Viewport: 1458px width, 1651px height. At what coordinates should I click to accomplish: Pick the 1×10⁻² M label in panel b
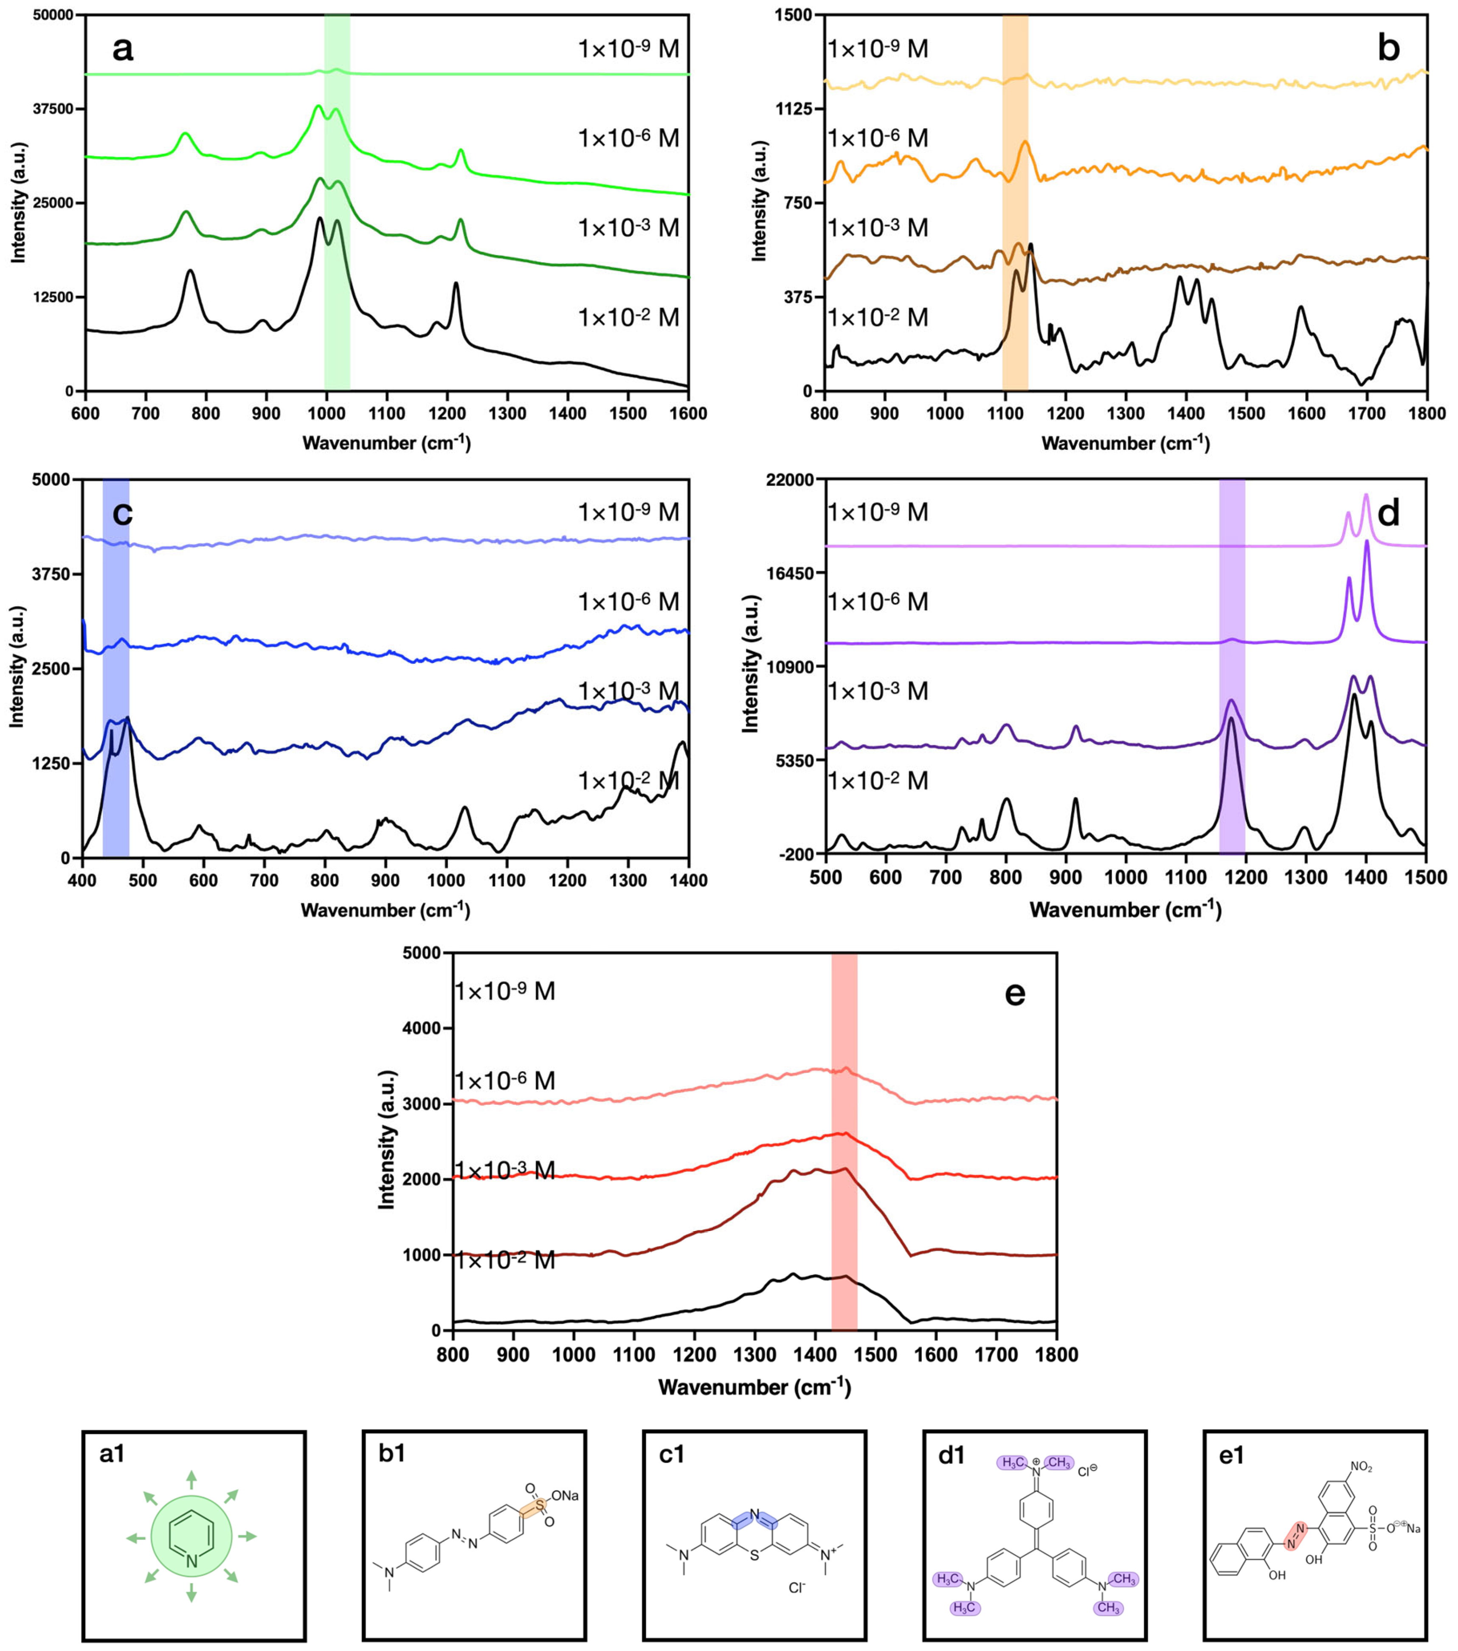(878, 317)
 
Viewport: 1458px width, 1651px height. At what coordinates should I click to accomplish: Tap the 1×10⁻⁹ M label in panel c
(628, 512)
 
